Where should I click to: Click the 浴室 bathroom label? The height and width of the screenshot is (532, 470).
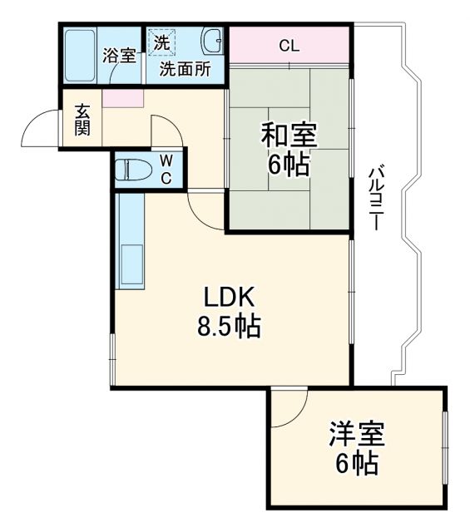(x=119, y=56)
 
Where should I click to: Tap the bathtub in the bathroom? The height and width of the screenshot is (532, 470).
(x=80, y=56)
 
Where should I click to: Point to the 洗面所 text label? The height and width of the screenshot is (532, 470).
(x=185, y=69)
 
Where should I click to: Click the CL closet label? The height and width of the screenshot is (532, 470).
(x=289, y=46)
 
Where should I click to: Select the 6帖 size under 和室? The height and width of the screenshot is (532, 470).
(x=289, y=166)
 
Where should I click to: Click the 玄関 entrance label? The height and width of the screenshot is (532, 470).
(x=83, y=121)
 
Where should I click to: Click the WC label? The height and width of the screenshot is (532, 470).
(x=166, y=169)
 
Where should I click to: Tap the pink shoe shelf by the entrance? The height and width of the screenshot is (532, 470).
(x=122, y=97)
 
